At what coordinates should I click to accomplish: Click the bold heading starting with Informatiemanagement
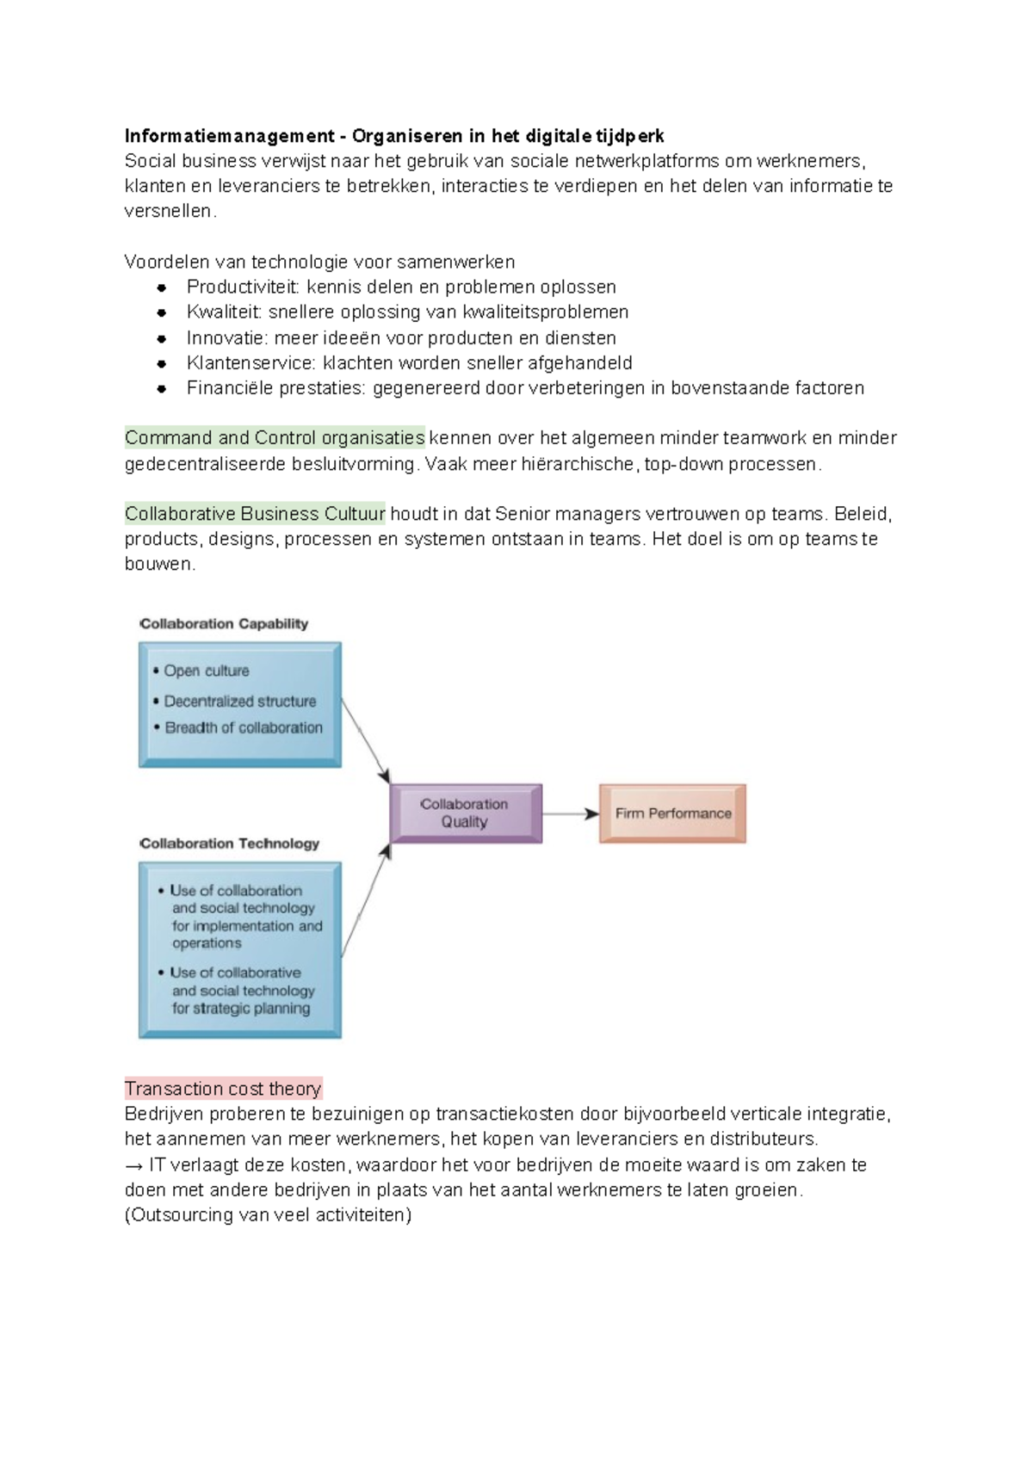tap(394, 136)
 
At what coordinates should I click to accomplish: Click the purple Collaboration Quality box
tap(466, 813)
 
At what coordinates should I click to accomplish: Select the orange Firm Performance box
tap(672, 813)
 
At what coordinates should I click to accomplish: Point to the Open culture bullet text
tap(207, 670)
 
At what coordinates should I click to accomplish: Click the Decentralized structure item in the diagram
tap(239, 701)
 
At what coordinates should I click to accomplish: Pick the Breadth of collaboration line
tap(244, 728)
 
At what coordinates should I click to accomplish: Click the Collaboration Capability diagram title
tap(224, 624)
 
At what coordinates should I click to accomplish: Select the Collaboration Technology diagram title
tap(229, 843)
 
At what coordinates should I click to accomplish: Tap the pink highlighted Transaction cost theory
tap(223, 1089)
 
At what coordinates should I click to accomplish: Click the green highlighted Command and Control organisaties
tap(275, 438)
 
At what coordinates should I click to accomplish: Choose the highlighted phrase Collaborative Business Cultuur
tap(255, 514)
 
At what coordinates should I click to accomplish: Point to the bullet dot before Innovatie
tap(161, 338)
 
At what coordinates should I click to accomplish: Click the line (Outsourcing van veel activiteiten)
tap(268, 1214)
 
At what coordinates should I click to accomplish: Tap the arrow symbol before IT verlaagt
tap(133, 1165)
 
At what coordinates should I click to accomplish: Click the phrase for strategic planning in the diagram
tap(241, 1009)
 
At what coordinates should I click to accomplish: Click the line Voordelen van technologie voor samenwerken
tap(319, 262)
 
